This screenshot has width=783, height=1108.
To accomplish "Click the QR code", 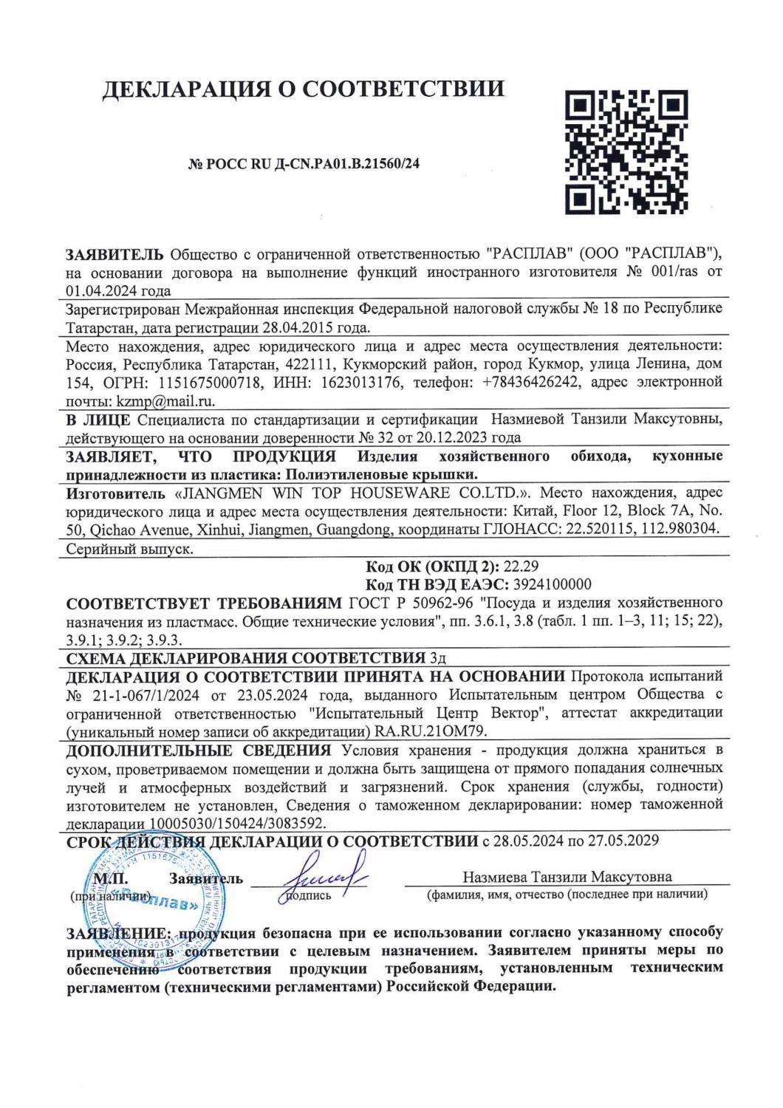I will pyautogui.click(x=626, y=150).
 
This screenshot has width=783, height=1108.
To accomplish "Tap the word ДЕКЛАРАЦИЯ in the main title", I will pyautogui.click(x=188, y=89).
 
